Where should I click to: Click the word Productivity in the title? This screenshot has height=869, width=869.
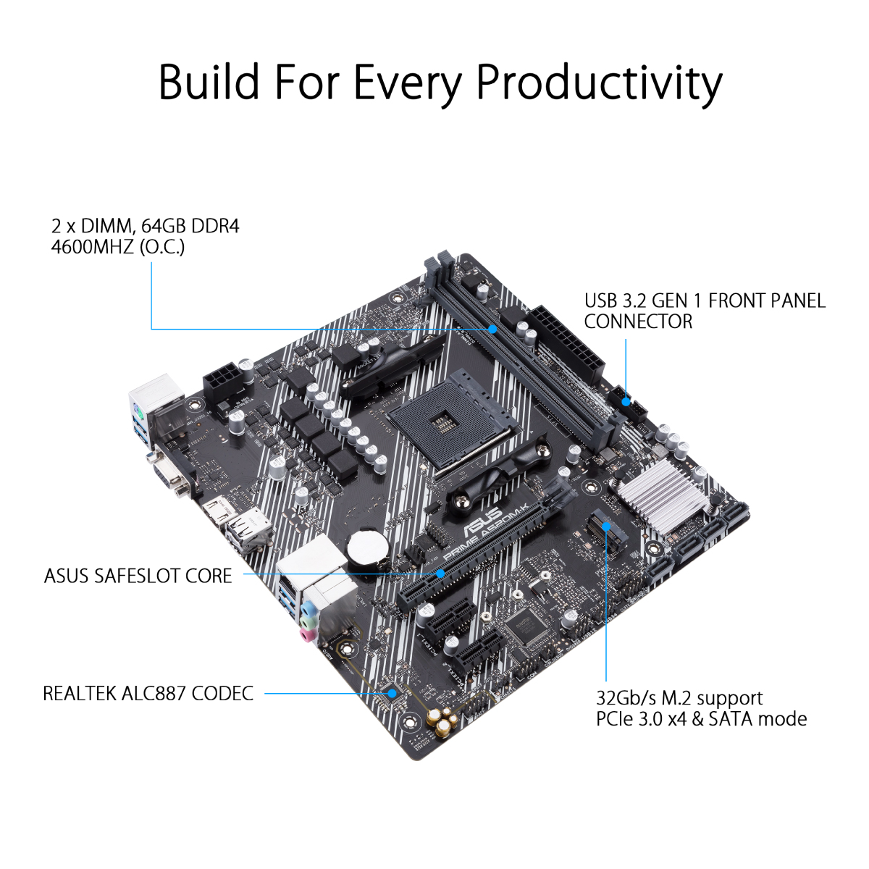[x=598, y=83]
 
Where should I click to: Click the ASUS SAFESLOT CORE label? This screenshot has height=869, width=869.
[x=138, y=576]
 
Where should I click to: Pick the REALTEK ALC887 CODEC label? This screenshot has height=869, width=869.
[x=148, y=693]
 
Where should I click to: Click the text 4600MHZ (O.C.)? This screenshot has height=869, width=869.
[x=118, y=247]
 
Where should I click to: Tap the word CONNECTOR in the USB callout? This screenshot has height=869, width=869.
[x=638, y=322]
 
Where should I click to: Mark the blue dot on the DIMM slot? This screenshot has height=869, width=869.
[x=493, y=329]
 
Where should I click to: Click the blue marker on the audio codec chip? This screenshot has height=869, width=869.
[x=393, y=692]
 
